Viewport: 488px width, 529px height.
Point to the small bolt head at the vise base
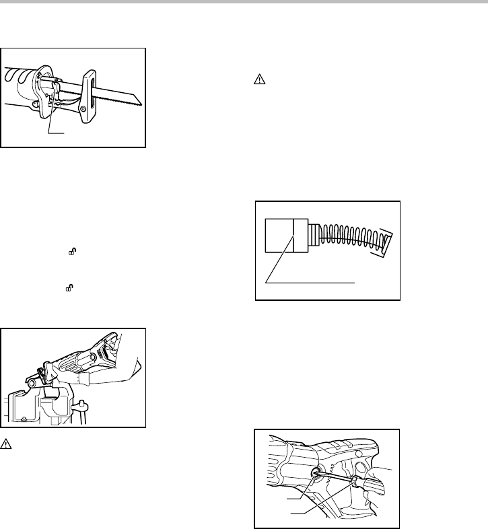pos(24,418)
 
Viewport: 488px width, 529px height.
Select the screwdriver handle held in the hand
pos(366,490)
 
